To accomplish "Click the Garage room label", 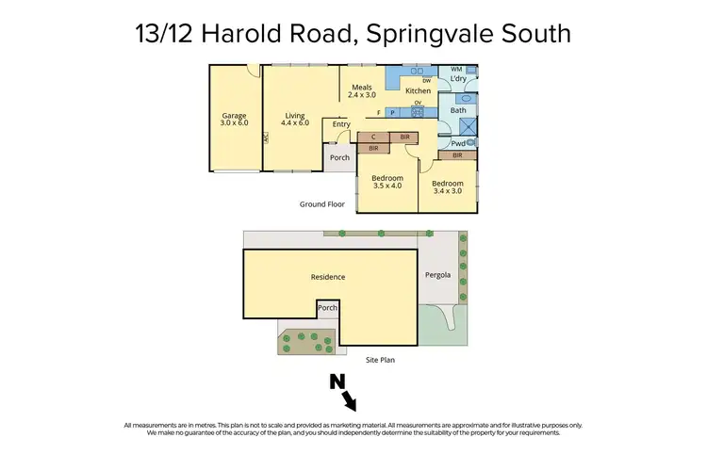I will (233, 120).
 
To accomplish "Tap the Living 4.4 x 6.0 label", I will (296, 120).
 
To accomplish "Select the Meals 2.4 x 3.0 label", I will (361, 90).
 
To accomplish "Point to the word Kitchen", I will (418, 91).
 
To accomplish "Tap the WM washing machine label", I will (456, 69).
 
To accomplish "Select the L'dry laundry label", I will (458, 78).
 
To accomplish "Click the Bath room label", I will (458, 110).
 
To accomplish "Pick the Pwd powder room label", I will (456, 143).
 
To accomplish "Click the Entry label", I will (340, 124).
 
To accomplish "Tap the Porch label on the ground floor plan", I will (339, 157).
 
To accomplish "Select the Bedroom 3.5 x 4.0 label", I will (386, 182).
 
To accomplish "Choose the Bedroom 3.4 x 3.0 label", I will (448, 186).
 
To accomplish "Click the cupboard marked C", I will (373, 138).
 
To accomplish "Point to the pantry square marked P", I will (393, 113).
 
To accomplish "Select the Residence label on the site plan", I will (328, 277).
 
